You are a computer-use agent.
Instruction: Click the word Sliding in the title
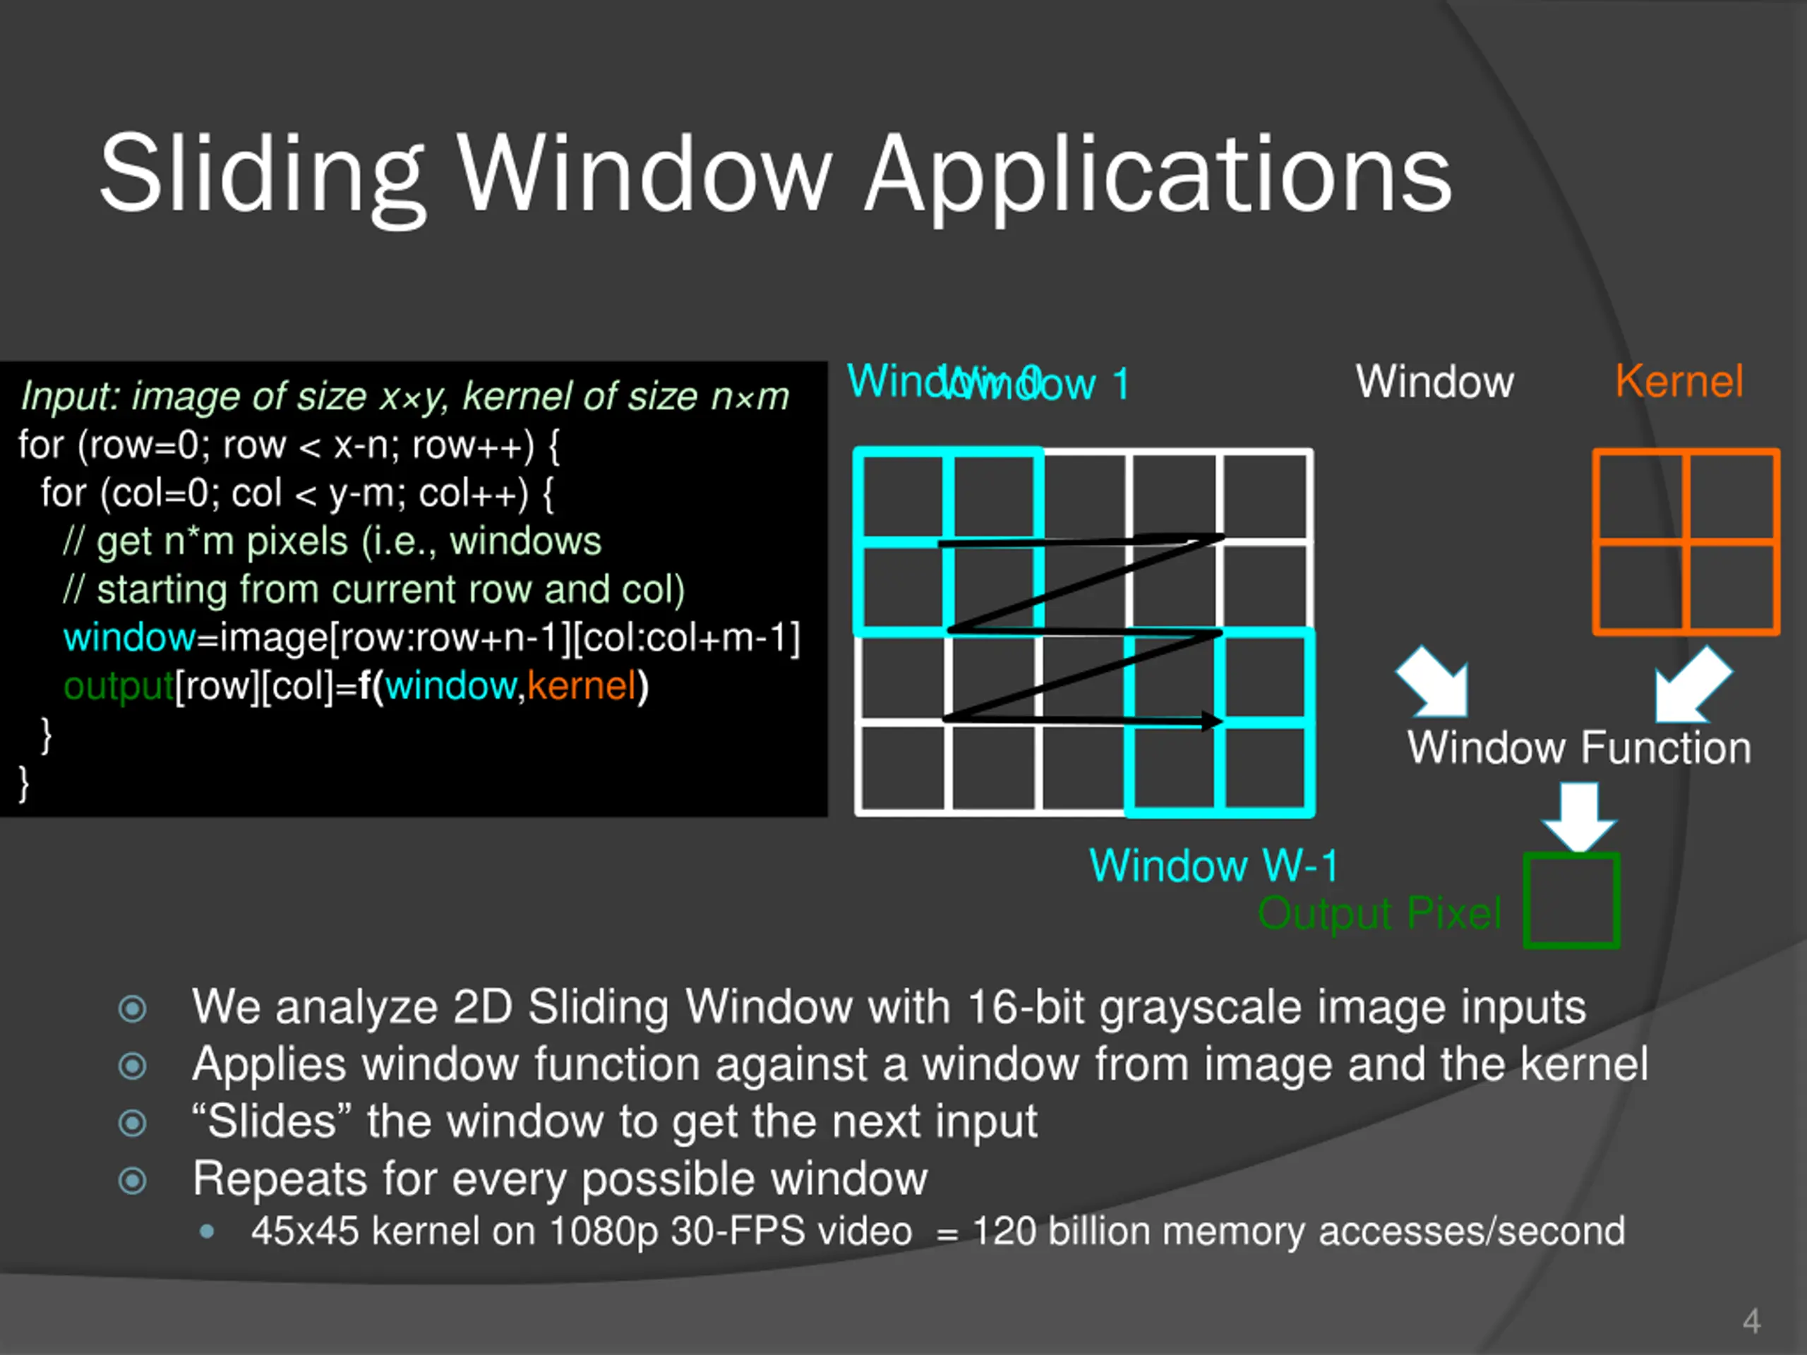pos(261,176)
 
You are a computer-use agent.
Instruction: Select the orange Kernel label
pos(1679,381)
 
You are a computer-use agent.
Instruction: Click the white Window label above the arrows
pos(1434,381)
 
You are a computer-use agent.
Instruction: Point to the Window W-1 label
pos(1214,866)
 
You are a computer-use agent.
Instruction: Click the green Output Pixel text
pos(1380,913)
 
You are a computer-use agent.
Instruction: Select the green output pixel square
pos(1572,901)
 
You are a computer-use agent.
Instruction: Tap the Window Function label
pos(1579,748)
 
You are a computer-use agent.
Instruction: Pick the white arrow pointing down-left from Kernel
pos(1689,687)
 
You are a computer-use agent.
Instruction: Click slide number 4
pos(1751,1320)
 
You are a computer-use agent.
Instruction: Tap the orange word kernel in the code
pos(581,686)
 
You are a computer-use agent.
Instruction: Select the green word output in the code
pos(119,686)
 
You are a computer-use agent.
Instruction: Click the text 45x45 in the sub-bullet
pos(305,1231)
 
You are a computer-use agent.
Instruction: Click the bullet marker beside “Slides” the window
pos(132,1123)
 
